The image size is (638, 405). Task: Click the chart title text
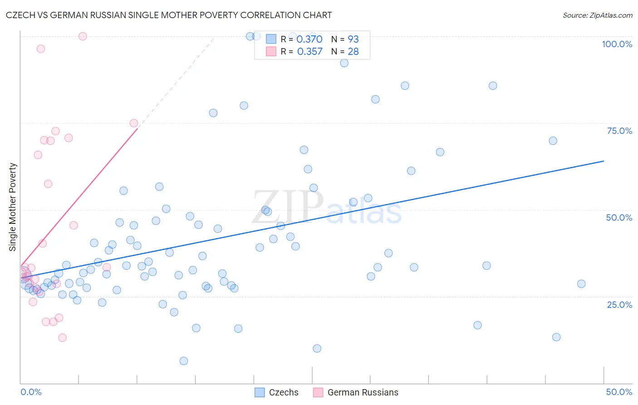tap(169, 15)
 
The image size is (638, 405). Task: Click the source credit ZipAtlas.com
tap(597, 15)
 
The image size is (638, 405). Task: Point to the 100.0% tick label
tap(617, 44)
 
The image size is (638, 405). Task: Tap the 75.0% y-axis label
tap(619, 131)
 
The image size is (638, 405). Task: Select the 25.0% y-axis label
tap(619, 305)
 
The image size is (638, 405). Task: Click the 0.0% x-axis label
tap(31, 392)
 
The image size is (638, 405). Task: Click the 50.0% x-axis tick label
tap(619, 392)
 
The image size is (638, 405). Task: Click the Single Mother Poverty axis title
tap(13, 207)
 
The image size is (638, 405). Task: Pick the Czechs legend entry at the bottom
tap(277, 392)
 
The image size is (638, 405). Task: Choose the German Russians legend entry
tap(356, 392)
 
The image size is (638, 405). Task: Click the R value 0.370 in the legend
tap(309, 39)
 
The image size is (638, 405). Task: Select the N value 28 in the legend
tap(353, 51)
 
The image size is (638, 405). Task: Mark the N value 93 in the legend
tap(353, 39)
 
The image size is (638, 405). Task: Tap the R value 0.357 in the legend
tap(309, 51)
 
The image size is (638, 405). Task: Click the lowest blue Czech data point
tap(184, 361)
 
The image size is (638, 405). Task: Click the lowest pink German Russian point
tap(63, 337)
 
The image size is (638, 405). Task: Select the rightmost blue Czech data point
tap(581, 284)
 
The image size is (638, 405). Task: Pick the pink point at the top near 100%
tap(83, 36)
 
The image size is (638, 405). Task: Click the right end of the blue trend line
tap(604, 161)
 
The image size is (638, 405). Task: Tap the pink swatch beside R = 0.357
tap(271, 51)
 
